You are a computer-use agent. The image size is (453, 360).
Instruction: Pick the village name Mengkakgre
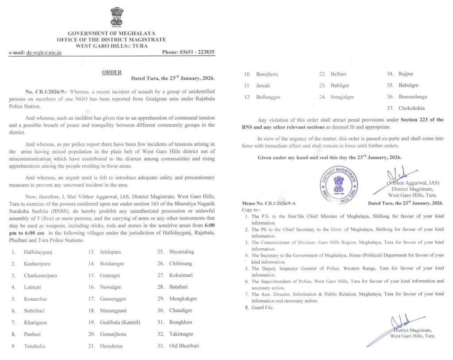183,299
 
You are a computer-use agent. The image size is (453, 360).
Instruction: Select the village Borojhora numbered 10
267,74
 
